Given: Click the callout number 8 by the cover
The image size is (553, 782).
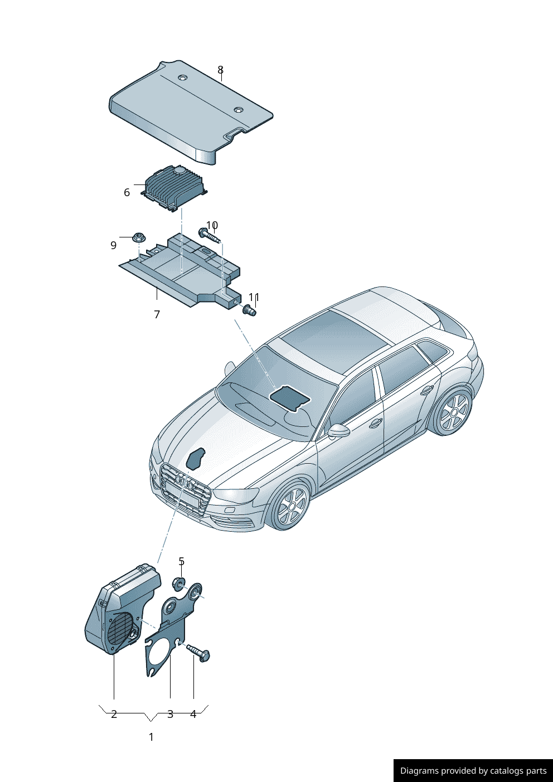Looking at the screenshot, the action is pos(220,70).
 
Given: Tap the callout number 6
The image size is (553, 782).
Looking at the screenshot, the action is pos(127,192).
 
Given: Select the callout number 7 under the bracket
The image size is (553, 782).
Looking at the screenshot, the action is pos(157,314).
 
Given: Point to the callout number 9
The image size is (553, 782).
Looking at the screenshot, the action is pos(114,245).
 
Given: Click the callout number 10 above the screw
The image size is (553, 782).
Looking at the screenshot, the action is pos(212,225).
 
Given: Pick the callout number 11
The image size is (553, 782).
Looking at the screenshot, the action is pos(254,297).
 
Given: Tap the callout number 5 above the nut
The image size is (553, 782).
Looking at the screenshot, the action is pos(181,561).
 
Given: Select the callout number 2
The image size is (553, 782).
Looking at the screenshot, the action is pos(114,714).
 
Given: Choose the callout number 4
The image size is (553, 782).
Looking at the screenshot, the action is pos(193,714).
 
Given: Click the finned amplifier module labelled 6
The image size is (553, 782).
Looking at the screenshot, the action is pos(174,188).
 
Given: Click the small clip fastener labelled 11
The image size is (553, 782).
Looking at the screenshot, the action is pos(249,309).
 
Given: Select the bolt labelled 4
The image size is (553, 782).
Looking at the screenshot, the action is pos(198,653).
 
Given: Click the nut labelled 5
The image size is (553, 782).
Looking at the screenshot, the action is pos(179,584).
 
